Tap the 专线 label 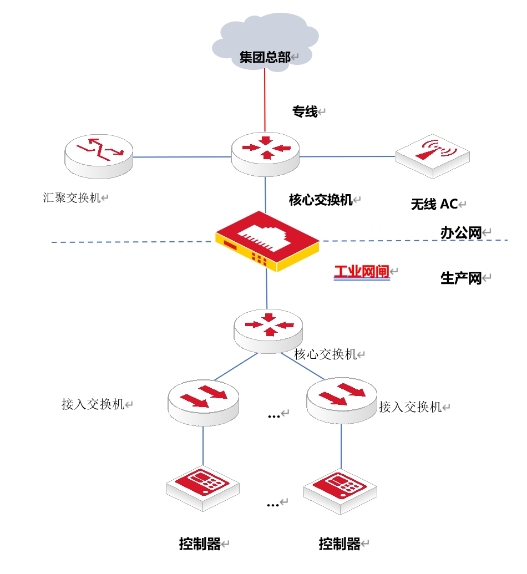point(305,112)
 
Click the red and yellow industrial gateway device point(267,241)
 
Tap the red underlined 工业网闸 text point(361,272)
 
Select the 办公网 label point(460,233)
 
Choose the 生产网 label point(460,278)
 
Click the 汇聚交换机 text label point(72,197)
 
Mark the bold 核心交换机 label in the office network point(321,200)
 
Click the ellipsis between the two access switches point(274,415)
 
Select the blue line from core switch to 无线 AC point(347,156)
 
